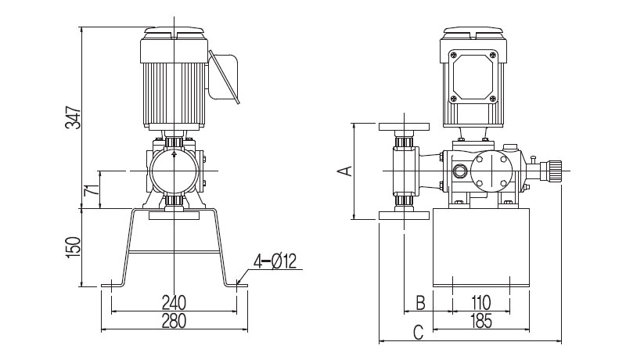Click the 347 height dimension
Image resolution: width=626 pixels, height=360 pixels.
pos(73,117)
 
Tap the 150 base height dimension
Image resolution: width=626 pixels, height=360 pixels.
pos(74,247)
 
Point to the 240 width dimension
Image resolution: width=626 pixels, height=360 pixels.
pos(174,303)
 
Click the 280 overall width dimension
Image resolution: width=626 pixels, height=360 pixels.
pos(174,321)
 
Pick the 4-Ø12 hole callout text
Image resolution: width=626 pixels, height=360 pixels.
pos(275,261)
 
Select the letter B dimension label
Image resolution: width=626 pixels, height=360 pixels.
pos(420,303)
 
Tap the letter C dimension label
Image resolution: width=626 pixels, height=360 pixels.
pos(418,332)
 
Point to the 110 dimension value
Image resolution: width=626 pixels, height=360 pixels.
pos(480,303)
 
